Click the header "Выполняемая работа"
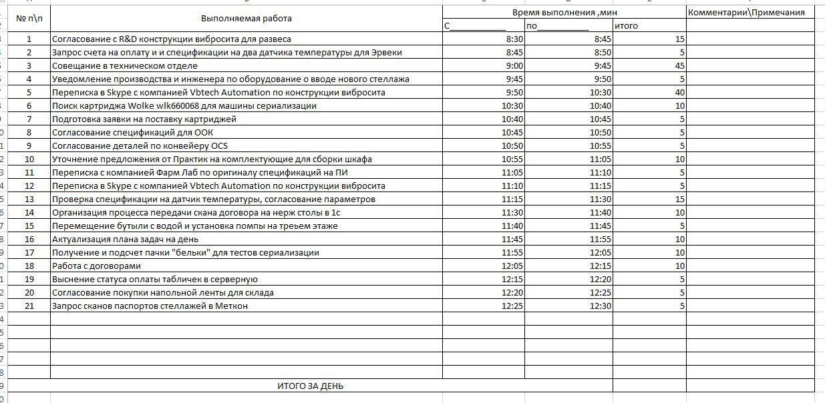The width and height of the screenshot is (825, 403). pos(246,19)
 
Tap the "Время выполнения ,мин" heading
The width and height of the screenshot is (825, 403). pos(563,12)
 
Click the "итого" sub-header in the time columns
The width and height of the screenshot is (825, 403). pos(627,26)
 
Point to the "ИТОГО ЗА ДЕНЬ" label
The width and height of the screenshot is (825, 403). pos(311,386)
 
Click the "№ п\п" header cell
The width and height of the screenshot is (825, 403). pos(29,19)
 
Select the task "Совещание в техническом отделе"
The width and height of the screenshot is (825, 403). pos(125,66)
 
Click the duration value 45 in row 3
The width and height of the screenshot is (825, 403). pos(679,66)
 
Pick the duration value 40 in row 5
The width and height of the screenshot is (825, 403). pos(679,93)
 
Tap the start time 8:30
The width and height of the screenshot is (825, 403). pos(514,39)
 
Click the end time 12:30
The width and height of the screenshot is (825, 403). pos(601,306)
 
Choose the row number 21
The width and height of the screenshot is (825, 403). pos(29,306)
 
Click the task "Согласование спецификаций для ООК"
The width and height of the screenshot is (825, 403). pos(137,133)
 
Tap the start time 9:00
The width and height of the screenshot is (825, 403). pos(514,66)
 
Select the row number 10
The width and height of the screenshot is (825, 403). pos(29,159)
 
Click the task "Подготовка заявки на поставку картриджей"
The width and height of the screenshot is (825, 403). pos(144,119)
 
